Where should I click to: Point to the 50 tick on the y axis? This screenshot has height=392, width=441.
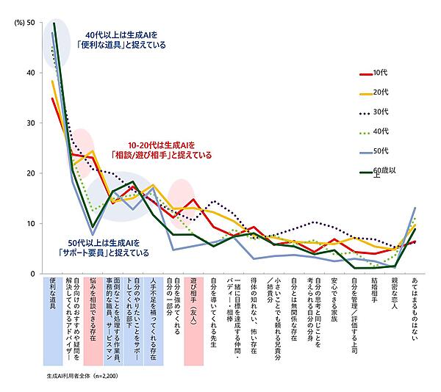(29, 23)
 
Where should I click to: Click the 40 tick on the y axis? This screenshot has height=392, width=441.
(29, 73)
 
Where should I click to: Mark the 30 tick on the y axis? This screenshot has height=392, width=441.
(29, 123)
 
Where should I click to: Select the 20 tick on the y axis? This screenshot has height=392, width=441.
(29, 173)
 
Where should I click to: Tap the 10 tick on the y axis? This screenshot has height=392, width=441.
(29, 223)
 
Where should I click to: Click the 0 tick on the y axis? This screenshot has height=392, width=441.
(32, 273)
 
